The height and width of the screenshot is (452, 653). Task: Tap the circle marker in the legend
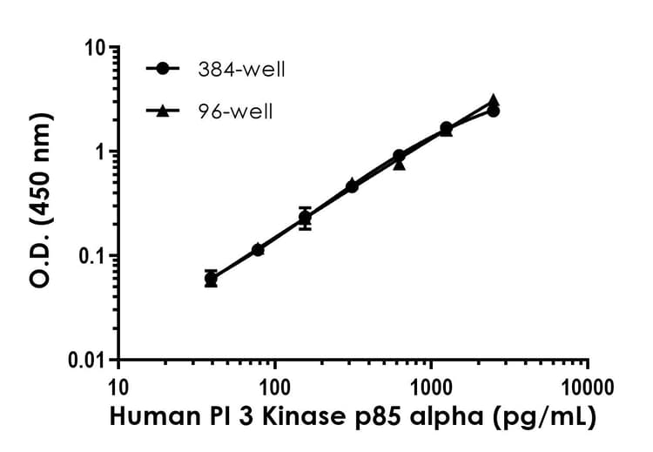tap(163, 70)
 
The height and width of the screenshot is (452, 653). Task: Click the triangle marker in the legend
tap(163, 111)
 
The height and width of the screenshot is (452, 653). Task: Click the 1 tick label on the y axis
tap(101, 152)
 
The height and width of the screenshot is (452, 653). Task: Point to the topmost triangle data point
tap(493, 101)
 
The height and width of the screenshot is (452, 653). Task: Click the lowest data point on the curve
tap(211, 279)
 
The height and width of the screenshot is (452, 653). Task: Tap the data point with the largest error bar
tap(305, 218)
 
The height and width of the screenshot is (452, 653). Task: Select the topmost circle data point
tap(493, 111)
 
